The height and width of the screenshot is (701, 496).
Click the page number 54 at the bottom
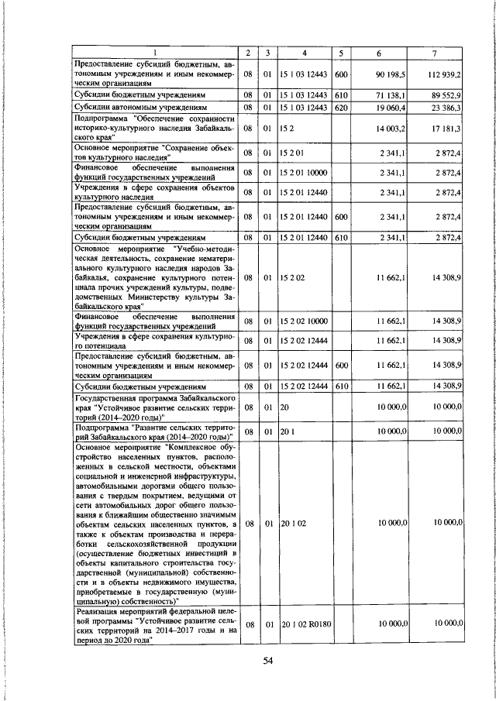[x=268, y=660]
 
